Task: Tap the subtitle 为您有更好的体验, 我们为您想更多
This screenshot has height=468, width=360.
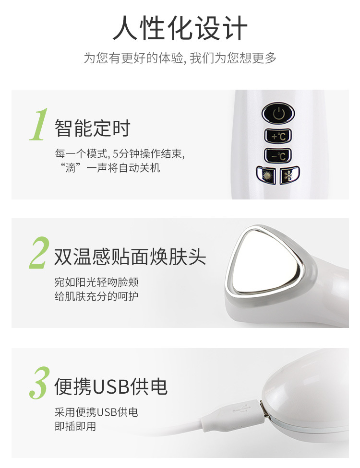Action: (180, 58)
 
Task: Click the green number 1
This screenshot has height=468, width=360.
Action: (39, 126)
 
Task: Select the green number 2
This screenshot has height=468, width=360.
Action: (39, 253)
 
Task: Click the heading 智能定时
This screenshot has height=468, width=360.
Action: (93, 129)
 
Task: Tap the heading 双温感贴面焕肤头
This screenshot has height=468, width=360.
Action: (130, 257)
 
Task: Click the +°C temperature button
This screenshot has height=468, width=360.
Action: (278, 136)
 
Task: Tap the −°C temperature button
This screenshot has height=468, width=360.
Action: (278, 156)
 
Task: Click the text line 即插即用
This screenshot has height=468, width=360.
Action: (75, 427)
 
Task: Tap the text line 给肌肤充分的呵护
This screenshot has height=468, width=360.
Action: (96, 296)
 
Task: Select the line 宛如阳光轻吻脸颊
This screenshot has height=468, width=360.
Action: (96, 282)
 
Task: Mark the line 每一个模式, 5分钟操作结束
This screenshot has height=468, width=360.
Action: (120, 154)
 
